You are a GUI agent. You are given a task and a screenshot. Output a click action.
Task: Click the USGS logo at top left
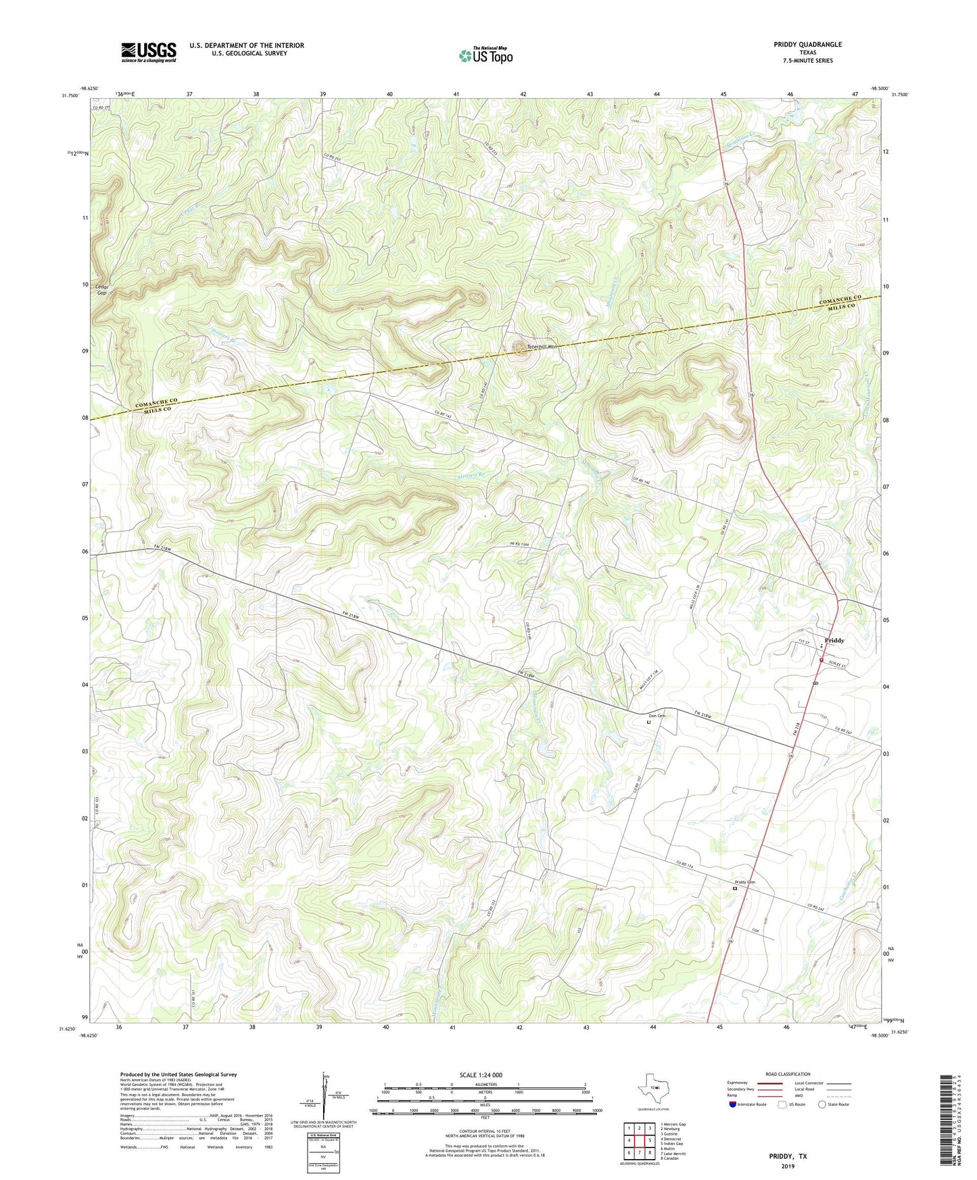click(149, 52)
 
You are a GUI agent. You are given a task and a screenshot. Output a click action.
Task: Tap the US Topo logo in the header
click(485, 55)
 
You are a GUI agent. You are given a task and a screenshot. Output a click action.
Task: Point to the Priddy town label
click(834, 640)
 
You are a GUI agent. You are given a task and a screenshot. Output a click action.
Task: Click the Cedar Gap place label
click(102, 289)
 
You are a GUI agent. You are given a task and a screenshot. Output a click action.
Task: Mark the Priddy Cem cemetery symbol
click(735, 889)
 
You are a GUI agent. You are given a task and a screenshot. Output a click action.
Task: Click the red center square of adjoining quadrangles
click(639, 1141)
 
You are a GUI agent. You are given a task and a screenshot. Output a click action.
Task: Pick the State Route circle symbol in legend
click(821, 1104)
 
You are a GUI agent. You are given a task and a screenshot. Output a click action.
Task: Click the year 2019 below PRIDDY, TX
click(788, 1166)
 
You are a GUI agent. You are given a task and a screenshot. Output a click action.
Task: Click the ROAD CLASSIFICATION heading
click(788, 1074)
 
